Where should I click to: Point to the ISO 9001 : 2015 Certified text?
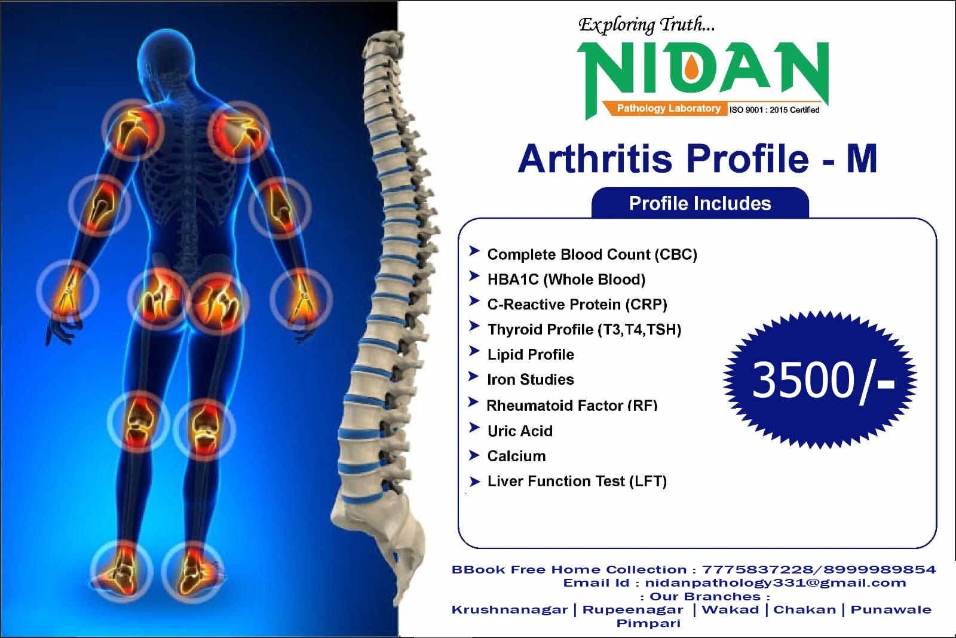coord(774,110)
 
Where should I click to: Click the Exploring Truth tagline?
coord(646,24)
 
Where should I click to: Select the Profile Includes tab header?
coord(700,203)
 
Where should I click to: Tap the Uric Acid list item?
coord(520,431)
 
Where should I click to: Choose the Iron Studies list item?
coord(531,379)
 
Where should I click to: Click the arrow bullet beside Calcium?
coord(474,455)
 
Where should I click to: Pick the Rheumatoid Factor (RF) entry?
coord(572,406)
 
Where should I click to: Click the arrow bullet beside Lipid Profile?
coord(474,351)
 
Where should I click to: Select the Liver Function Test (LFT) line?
coord(577,481)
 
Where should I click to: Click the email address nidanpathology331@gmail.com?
coord(776,582)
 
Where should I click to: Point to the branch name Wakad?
coord(730,609)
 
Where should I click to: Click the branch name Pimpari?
coord(648,623)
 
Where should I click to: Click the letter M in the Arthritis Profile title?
coord(862,158)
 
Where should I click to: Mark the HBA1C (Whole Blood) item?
coord(566,280)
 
